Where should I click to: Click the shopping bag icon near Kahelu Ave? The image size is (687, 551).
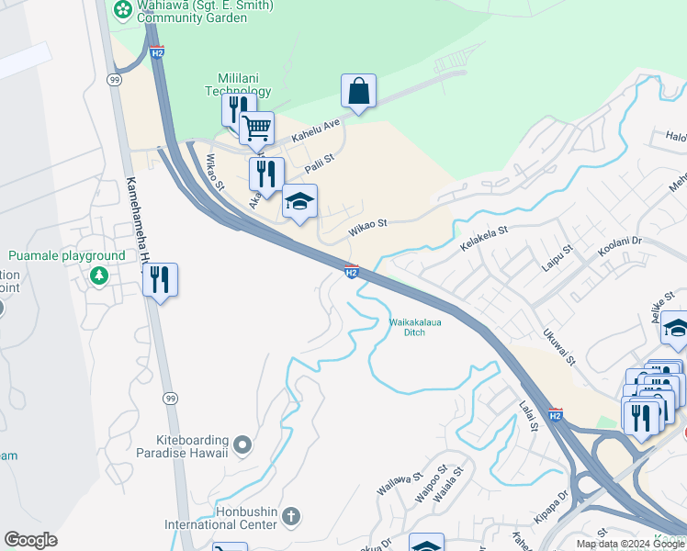pyautogui.click(x=358, y=92)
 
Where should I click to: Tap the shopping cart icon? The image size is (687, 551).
pyautogui.click(x=257, y=129)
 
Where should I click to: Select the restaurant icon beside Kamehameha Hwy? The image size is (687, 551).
pyautogui.click(x=161, y=281)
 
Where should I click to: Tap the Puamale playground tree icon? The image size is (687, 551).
pyautogui.click(x=98, y=275)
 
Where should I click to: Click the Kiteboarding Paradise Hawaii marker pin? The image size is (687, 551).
pyautogui.click(x=242, y=445)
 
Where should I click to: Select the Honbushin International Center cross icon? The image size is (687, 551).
pyautogui.click(x=291, y=513)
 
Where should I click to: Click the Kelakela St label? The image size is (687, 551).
pyautogui.click(x=484, y=239)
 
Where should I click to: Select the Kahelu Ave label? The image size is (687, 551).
pyautogui.click(x=316, y=129)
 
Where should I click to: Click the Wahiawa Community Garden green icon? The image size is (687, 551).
pyautogui.click(x=122, y=8)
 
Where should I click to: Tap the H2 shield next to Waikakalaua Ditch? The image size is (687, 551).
pyautogui.click(x=351, y=271)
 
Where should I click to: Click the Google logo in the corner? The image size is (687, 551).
pyautogui.click(x=30, y=540)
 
